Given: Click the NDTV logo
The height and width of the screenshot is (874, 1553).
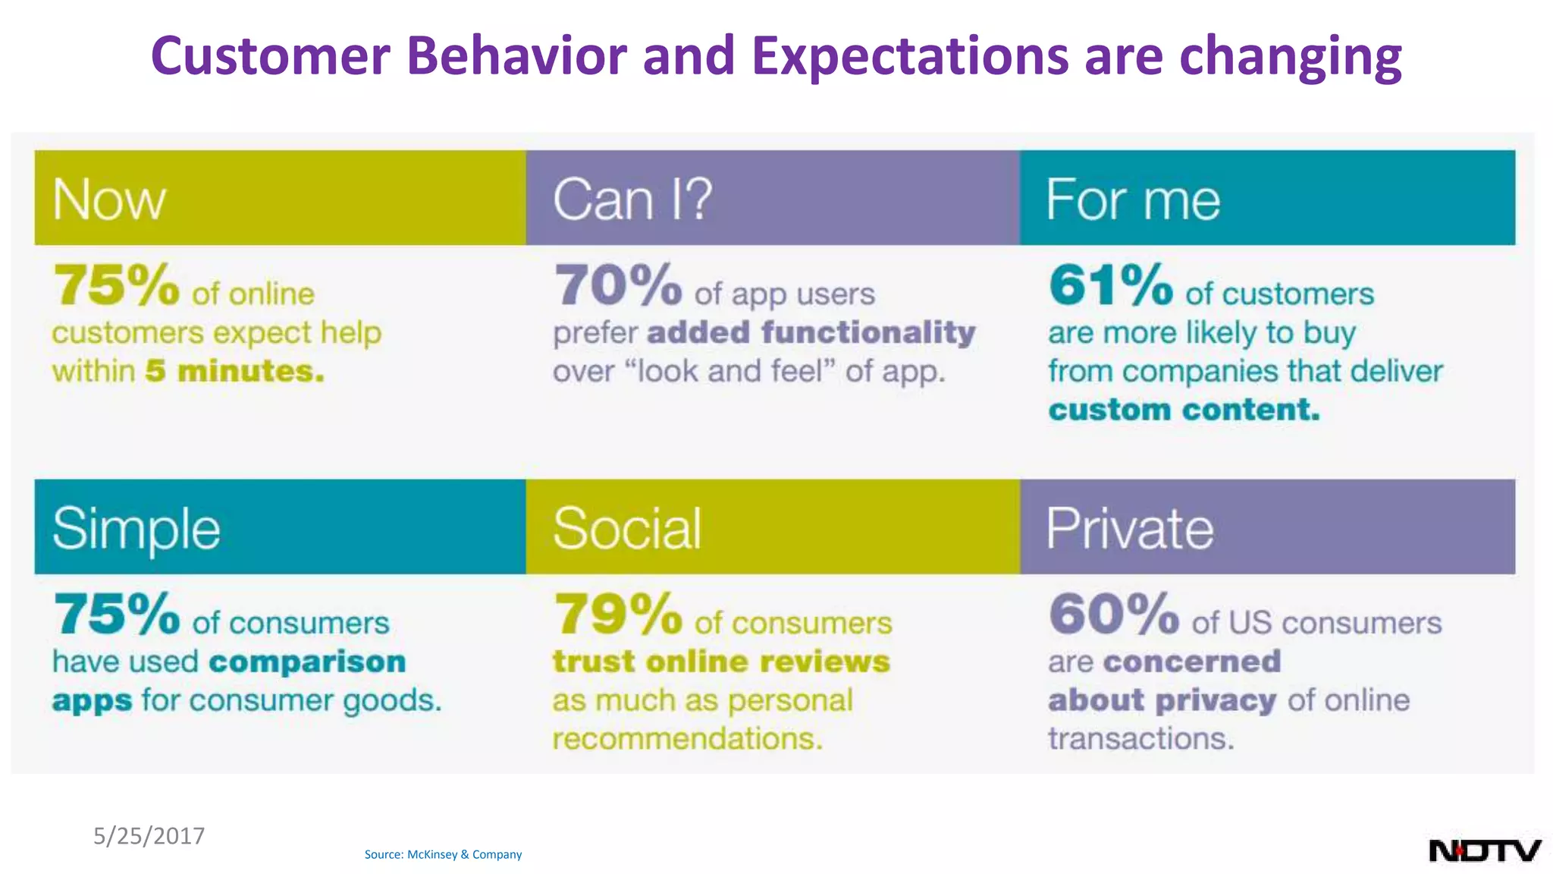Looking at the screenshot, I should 1484,850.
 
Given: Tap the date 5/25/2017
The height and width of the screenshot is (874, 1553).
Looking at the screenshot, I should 149,835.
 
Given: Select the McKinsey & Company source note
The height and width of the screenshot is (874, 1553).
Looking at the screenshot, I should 443,854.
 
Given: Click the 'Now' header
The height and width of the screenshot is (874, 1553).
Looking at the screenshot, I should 109,200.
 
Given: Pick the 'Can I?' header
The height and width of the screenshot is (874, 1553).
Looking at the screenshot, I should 632,200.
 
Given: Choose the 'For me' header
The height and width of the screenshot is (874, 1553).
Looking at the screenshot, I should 1133,200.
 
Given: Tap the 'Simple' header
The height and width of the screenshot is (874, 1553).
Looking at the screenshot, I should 136,529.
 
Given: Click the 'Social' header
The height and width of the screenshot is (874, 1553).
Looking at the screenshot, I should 627,529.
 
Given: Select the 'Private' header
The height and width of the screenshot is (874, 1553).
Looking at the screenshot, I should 1129,529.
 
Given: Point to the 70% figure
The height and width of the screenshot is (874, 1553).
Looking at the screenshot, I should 618,285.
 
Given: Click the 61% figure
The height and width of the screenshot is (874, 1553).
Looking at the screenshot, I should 1111,285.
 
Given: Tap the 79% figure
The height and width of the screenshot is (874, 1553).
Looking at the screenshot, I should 618,614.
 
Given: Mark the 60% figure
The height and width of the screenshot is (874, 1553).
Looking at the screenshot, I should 1114,614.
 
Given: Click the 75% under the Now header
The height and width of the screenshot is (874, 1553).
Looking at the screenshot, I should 116,285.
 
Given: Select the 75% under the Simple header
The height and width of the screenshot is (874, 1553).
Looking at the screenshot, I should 116,614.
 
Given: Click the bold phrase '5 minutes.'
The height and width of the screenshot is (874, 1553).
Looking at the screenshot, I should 235,371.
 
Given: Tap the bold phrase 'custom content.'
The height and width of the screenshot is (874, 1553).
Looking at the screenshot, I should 1184,410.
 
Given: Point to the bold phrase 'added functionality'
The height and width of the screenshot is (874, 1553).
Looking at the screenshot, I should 811,332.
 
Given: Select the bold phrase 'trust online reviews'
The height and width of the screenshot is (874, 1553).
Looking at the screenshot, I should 721,662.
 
